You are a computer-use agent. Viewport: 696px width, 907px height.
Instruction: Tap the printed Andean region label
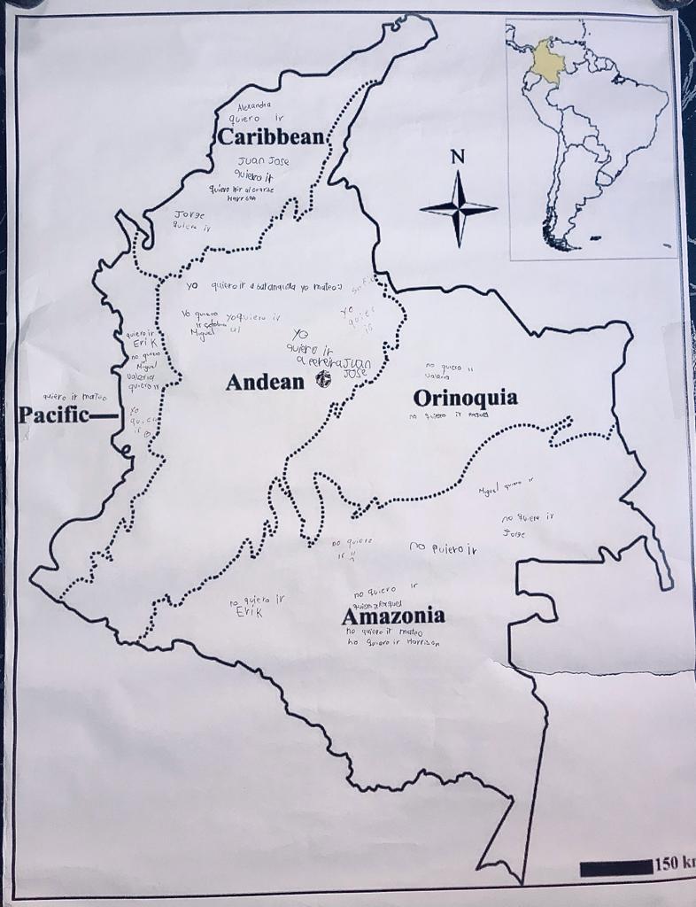(267, 382)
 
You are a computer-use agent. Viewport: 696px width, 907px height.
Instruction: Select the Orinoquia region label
(465, 398)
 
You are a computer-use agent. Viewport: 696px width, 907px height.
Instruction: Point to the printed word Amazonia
(393, 616)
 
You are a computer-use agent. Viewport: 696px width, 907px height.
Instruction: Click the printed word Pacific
(54, 415)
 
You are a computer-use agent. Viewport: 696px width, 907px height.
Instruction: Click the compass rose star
(458, 209)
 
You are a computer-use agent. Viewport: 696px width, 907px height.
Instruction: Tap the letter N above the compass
(457, 158)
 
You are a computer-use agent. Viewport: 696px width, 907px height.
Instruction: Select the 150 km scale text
(674, 864)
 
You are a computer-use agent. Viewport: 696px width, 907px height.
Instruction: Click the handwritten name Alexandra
(255, 105)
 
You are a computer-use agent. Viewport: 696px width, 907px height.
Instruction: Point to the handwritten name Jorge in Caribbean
(189, 214)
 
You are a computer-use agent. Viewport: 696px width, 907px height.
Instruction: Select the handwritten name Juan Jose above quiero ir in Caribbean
(263, 162)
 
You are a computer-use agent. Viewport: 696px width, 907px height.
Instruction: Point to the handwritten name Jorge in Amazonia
(514, 534)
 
